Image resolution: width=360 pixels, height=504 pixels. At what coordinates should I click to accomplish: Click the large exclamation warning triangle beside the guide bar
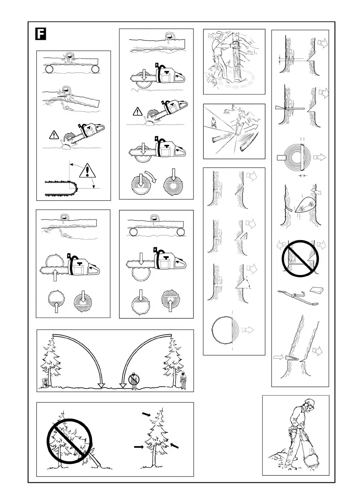[x=87, y=171]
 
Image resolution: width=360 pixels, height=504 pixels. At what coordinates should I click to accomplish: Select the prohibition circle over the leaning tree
[x=68, y=440]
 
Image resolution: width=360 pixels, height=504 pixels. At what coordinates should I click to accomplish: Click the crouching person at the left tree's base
[x=43, y=383]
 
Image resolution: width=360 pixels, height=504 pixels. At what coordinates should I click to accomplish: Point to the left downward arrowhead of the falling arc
[x=101, y=385]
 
